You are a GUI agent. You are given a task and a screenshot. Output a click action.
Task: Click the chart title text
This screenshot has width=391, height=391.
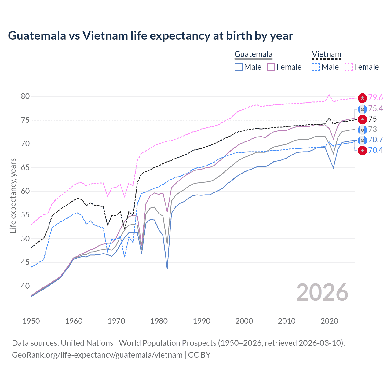(x=150, y=36)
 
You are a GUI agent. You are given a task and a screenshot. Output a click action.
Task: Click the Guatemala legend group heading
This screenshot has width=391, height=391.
(x=253, y=54)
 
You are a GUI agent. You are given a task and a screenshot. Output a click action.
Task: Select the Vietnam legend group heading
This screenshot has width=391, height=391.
(x=326, y=54)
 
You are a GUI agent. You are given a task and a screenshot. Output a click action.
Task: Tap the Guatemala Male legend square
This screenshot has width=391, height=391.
(x=239, y=67)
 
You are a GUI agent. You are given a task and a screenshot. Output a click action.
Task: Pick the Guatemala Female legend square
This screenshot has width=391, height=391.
(x=271, y=67)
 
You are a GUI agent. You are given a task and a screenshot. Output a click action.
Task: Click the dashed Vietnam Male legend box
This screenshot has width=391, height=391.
(x=316, y=67)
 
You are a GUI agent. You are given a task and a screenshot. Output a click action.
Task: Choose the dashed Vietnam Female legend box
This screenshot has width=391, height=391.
(x=349, y=67)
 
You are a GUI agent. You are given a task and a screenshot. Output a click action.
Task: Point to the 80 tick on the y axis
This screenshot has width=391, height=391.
(x=25, y=97)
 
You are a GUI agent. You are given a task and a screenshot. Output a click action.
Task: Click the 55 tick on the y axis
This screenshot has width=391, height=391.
(x=25, y=215)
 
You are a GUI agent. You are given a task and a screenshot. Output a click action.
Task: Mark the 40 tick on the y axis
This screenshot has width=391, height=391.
(x=25, y=286)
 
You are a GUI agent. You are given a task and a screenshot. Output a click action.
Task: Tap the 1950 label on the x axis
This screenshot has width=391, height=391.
(x=31, y=321)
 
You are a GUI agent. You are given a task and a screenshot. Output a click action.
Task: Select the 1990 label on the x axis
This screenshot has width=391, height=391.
(x=202, y=321)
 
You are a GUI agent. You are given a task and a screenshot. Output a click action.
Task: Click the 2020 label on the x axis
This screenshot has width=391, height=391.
(x=329, y=321)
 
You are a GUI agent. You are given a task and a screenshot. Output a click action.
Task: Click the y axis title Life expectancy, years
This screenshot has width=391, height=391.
(x=13, y=195)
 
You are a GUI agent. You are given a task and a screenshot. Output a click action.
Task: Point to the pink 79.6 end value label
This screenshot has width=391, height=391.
(x=375, y=98)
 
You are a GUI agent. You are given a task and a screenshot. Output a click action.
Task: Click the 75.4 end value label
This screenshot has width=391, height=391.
(x=375, y=109)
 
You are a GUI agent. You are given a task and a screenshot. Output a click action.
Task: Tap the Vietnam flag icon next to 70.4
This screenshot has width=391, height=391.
(x=362, y=151)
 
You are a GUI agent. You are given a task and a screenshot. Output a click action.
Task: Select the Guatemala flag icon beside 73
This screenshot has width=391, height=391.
(x=362, y=130)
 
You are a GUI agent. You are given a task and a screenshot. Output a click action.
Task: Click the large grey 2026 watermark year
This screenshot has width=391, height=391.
(x=322, y=293)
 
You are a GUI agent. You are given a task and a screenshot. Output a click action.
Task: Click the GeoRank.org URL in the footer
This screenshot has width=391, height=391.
(x=97, y=355)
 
